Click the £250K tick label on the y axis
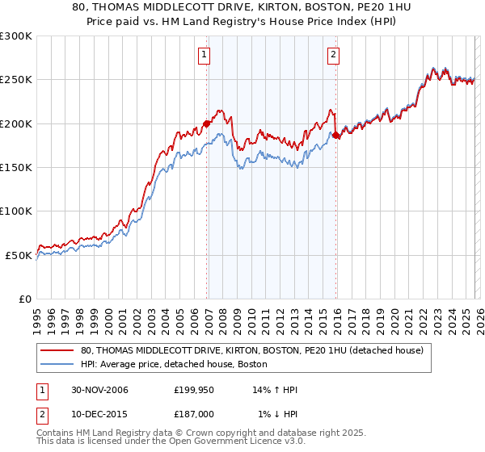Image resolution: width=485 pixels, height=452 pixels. pos(16,80)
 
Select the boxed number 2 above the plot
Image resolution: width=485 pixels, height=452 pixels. pos(333,55)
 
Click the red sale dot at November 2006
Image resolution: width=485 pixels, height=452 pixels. pos(206,123)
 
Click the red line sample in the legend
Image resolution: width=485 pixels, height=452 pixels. pos(57,350)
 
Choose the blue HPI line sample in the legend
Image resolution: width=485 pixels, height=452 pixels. pos(57,365)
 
